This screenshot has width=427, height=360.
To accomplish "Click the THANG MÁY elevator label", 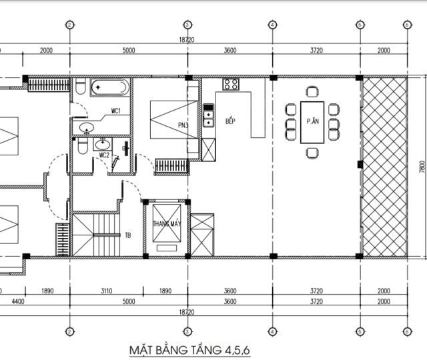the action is point(167,224).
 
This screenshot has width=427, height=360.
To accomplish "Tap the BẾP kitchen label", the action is point(230,121).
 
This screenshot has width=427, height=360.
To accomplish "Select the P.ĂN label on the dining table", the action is point(313,121).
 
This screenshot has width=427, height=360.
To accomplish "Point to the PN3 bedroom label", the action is point(183,125).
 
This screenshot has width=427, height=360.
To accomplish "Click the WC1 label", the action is point(115,111).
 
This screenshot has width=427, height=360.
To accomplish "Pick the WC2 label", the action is point(104,155).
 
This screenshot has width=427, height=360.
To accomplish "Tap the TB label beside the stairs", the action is point(127,235).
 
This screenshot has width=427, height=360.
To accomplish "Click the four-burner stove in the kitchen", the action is point(231,84).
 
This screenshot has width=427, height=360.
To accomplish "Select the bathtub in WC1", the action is point(109,87).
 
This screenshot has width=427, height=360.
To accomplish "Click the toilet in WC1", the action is point(80,86).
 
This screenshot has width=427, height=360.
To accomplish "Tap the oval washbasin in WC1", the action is point(87,127).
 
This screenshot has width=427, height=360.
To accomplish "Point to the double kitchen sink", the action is point(208,115).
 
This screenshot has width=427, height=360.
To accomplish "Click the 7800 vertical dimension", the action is point(422,167).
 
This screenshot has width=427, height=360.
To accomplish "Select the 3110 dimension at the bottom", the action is point(107,291).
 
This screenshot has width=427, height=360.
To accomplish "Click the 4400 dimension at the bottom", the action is point(18,301).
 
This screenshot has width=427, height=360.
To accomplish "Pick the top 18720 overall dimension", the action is point(187,40).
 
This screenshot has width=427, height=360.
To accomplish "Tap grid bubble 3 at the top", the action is point(187,25).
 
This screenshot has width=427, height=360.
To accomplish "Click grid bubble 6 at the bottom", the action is point(407,332).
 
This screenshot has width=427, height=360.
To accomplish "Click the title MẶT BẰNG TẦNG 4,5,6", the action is point(189,350).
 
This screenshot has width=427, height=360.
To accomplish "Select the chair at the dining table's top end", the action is point(312,92).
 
